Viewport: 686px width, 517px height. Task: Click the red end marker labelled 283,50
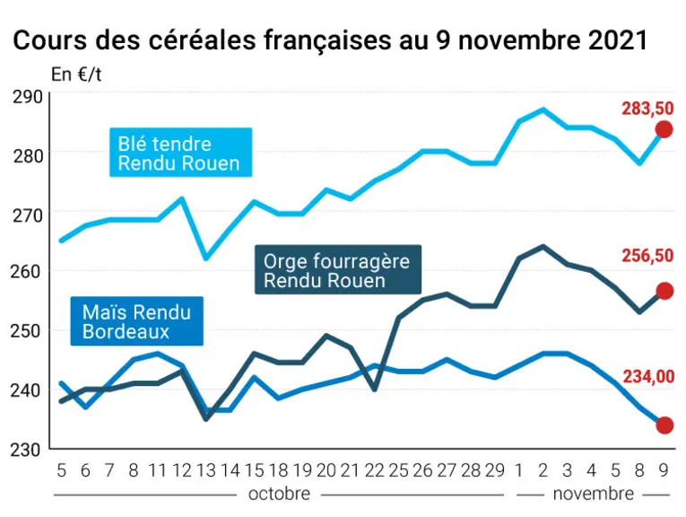pos(664,129)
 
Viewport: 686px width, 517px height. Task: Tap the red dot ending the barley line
pos(664,291)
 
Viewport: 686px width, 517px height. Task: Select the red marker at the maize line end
pos(664,425)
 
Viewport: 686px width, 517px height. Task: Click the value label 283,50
pos(647,109)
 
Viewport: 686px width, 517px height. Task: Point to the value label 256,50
pos(647,256)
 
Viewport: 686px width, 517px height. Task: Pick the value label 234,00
pos(648,376)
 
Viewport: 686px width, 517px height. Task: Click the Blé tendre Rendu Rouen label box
pos(180,153)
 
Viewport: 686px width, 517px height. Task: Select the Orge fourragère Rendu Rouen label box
pos(338,269)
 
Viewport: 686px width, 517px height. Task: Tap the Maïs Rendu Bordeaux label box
pos(137,321)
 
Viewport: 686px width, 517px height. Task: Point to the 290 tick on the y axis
pos(28,97)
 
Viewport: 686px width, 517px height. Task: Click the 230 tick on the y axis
pos(25,450)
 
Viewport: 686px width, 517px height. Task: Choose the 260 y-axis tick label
pos(26,271)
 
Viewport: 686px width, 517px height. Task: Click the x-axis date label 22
pos(374,470)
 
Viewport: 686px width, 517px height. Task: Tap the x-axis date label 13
pos(206,470)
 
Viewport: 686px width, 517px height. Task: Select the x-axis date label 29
pos(495,470)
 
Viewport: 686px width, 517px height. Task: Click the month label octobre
pos(279,494)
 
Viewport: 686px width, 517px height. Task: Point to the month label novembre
pos(594,494)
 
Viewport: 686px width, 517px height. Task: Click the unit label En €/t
pos(76,74)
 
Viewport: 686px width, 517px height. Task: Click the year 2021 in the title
pos(618,40)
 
